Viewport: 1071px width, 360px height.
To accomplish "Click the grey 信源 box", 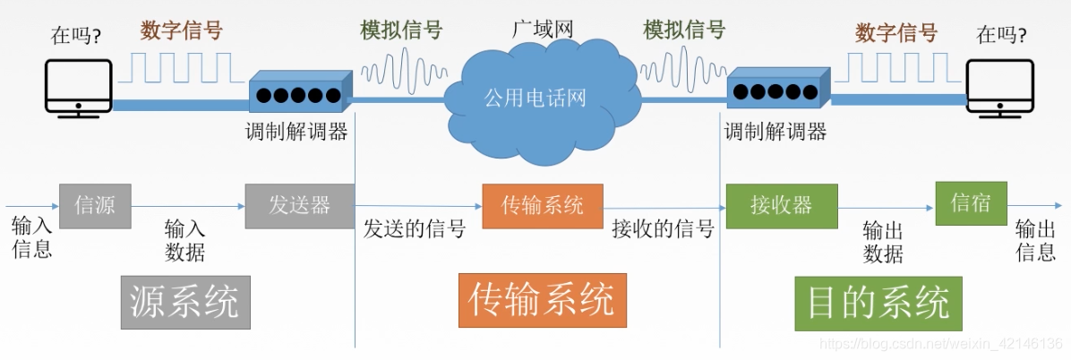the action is tap(95, 205).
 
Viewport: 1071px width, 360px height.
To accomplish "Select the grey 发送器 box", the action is tap(299, 205).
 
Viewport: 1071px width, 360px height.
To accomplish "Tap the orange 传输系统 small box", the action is tap(542, 205).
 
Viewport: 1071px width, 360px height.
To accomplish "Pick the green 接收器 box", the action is tap(781, 205).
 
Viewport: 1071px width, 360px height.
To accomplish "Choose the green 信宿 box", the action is tap(971, 202).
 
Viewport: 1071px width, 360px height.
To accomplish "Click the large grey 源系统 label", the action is tap(185, 302).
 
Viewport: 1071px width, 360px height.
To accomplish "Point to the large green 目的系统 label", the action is tap(878, 303).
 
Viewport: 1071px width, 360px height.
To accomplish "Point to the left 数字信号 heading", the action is tap(181, 31).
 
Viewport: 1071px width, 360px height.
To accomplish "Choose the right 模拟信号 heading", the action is tap(684, 30).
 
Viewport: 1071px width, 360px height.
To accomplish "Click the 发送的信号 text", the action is tap(414, 229).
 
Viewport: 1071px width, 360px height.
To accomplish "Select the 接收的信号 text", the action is tap(663, 229).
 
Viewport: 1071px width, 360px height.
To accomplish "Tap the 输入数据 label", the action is tap(185, 240).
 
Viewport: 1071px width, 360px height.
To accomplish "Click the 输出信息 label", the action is tap(1035, 240).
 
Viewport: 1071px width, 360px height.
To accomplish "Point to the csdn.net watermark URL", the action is tap(940, 344).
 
